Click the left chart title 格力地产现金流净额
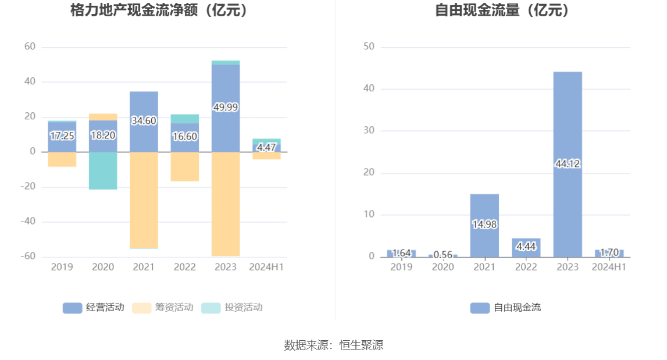tap(159, 10)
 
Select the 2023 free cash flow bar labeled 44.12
tap(568, 164)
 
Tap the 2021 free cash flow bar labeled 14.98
tap(484, 224)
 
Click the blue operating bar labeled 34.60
tap(144, 121)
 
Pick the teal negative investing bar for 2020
tap(103, 170)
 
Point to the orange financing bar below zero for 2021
tap(144, 200)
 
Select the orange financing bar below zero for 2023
tap(226, 204)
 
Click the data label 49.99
tap(226, 108)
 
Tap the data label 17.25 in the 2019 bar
tap(62, 136)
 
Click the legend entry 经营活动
tap(94, 308)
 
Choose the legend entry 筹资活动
tap(163, 308)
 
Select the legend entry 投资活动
tap(232, 308)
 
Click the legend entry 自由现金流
tap(505, 308)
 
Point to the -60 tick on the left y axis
tap(28, 256)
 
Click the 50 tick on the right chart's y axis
tap(369, 47)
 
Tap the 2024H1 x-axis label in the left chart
tap(266, 267)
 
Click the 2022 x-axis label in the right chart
tap(526, 267)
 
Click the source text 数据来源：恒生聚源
tap(333, 345)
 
